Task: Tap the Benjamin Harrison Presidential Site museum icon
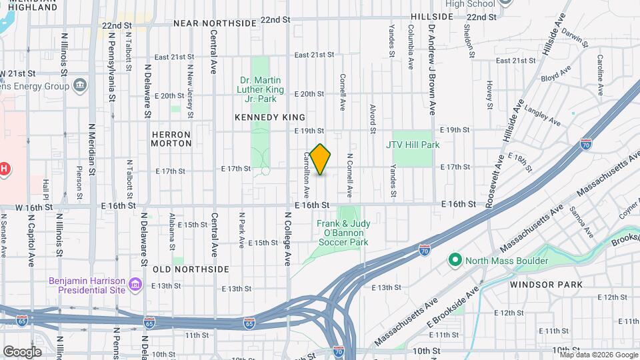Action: [x=135, y=285]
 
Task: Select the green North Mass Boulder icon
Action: [x=456, y=260]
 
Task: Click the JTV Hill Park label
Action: [x=413, y=144]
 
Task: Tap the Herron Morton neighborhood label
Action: [x=171, y=139]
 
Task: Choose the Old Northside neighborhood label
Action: [x=191, y=269]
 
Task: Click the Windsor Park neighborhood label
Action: [x=546, y=285]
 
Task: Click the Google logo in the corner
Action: [x=22, y=351]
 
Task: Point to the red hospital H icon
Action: [x=5, y=169]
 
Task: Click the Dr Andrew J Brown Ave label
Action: [x=432, y=70]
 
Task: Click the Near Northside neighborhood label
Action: [x=215, y=23]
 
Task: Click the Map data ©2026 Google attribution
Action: [x=597, y=354]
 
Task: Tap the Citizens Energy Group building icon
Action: [x=80, y=85]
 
